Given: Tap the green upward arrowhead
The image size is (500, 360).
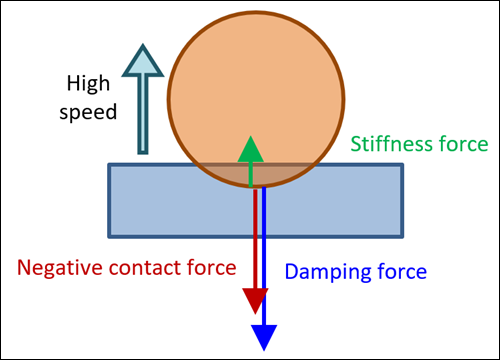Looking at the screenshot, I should tap(252, 151).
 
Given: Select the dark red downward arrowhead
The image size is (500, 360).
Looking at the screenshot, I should tap(255, 299).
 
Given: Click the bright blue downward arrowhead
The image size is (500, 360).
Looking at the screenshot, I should tap(264, 335).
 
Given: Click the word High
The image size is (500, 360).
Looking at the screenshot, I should tap(89, 84).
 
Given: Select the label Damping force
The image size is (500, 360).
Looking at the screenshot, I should tap(356, 270).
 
